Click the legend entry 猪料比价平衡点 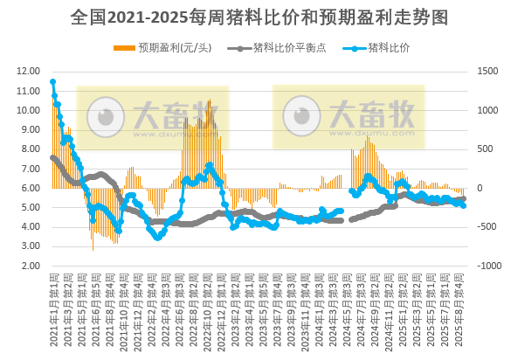click(x=283, y=47)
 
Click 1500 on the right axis click(x=487, y=71)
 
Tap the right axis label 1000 click(x=487, y=110)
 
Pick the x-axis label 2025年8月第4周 click(x=462, y=301)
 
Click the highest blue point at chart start click(x=53, y=82)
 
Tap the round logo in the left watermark click(x=109, y=116)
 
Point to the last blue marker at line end click(x=463, y=205)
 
